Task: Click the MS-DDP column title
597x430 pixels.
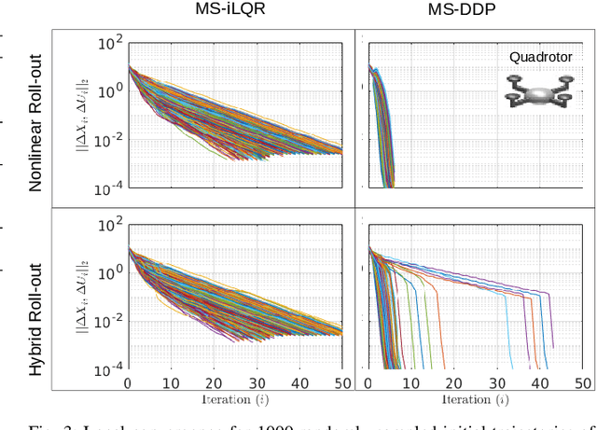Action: click(x=474, y=12)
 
